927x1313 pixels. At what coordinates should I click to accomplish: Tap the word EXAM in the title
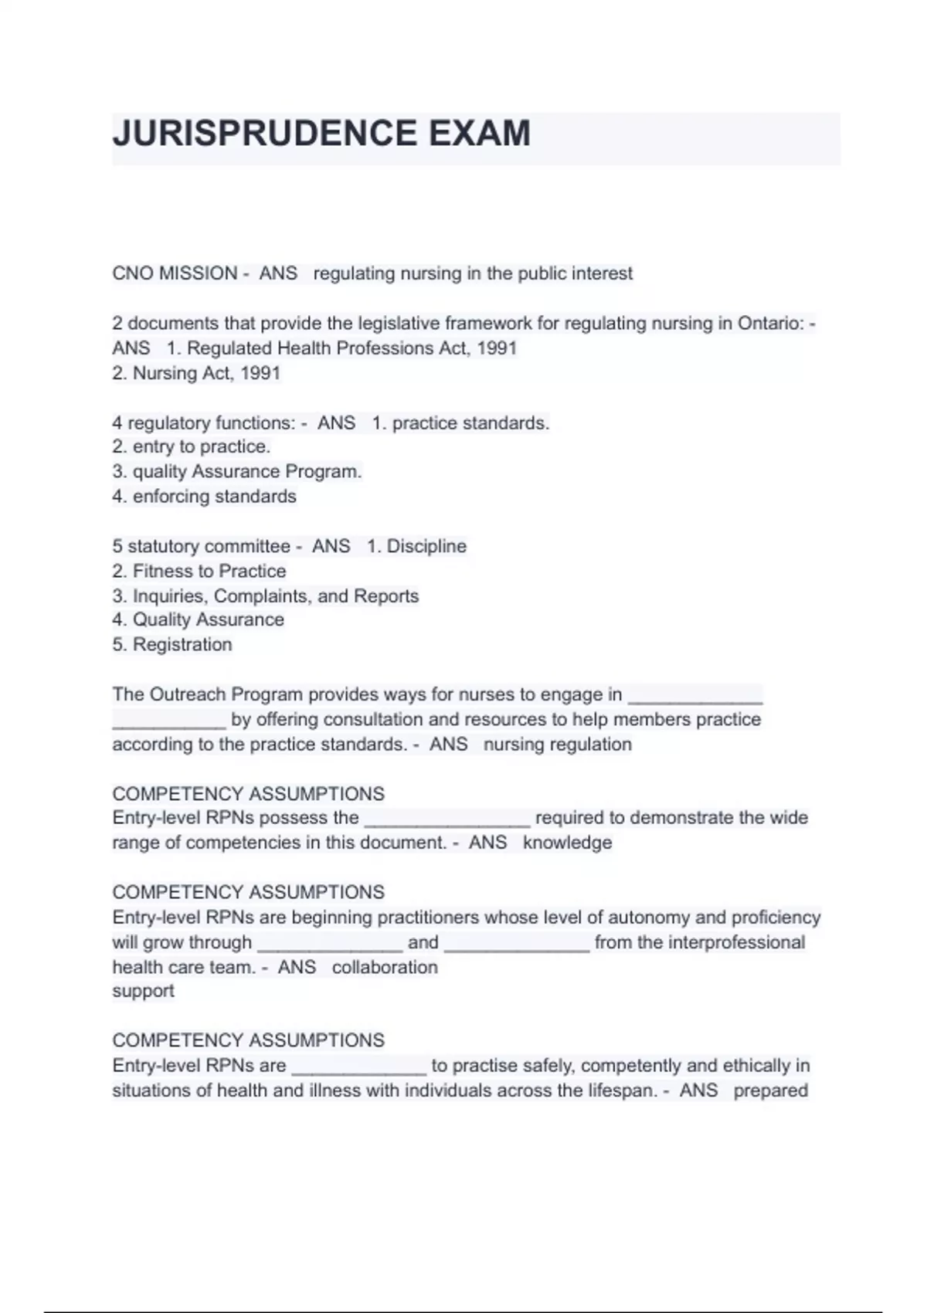click(479, 134)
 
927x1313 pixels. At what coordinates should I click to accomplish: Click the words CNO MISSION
click(175, 273)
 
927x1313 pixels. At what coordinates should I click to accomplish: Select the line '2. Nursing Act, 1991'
click(196, 373)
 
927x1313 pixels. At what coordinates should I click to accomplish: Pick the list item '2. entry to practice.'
click(192, 446)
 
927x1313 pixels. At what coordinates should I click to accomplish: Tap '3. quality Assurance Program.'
click(237, 471)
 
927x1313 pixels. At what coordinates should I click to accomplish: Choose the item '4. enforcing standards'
click(205, 496)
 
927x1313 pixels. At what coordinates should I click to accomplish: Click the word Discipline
click(426, 546)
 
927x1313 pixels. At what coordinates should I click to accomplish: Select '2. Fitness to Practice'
click(199, 571)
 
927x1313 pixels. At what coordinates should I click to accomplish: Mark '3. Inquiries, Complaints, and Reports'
click(266, 595)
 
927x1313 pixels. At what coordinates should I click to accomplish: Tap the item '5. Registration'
click(172, 644)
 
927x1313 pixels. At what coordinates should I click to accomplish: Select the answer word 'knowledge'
click(567, 842)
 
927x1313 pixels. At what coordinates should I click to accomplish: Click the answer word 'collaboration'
click(385, 967)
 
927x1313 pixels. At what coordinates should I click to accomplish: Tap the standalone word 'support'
click(143, 991)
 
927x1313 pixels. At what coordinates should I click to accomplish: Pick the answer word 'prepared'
click(770, 1091)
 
